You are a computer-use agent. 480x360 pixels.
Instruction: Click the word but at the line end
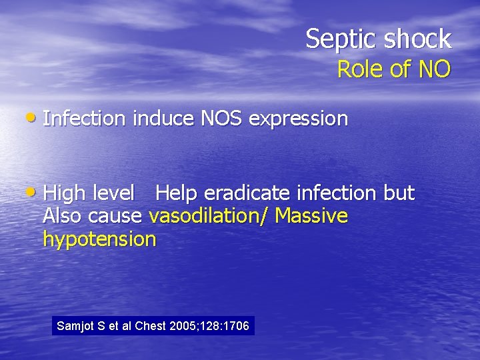click(399, 193)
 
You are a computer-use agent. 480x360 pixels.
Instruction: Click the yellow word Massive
click(311, 216)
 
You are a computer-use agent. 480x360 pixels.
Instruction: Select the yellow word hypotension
click(99, 239)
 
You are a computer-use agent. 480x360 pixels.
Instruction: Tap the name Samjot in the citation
click(75, 326)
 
